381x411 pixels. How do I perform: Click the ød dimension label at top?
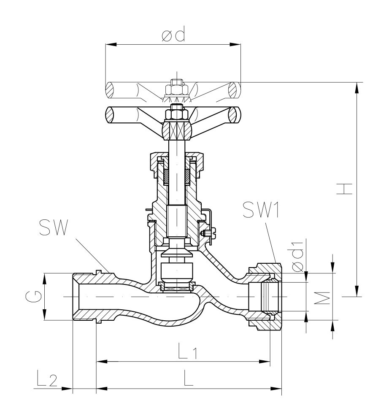(173, 34)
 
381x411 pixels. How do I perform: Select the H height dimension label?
(344, 189)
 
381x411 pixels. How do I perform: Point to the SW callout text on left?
(54, 227)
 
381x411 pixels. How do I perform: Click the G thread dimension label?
(33, 297)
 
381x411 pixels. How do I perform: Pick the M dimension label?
(322, 298)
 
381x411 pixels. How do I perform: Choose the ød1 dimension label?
(298, 256)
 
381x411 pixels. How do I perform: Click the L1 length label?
(187, 350)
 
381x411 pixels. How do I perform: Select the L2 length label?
(47, 378)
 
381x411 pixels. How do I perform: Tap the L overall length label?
(188, 378)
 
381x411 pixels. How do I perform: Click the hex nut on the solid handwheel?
(177, 113)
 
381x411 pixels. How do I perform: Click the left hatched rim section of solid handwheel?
(110, 115)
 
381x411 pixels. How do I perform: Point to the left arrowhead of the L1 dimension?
(102, 362)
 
